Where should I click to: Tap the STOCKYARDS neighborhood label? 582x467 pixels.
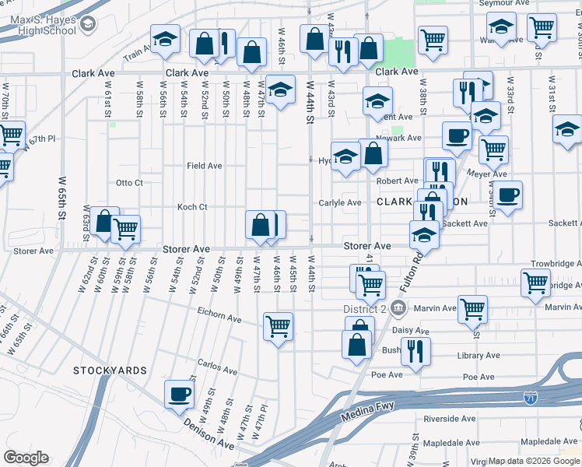[110, 370]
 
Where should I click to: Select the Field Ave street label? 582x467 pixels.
[204, 166]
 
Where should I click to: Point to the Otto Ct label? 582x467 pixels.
[129, 183]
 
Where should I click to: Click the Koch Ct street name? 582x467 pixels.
[191, 207]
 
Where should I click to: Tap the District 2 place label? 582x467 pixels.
[366, 309]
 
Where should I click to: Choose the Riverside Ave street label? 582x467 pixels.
[451, 419]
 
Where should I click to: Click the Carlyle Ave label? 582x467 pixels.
[340, 203]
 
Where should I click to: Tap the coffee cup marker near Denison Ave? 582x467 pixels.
[179, 393]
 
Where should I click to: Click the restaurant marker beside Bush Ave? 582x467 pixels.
[415, 351]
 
